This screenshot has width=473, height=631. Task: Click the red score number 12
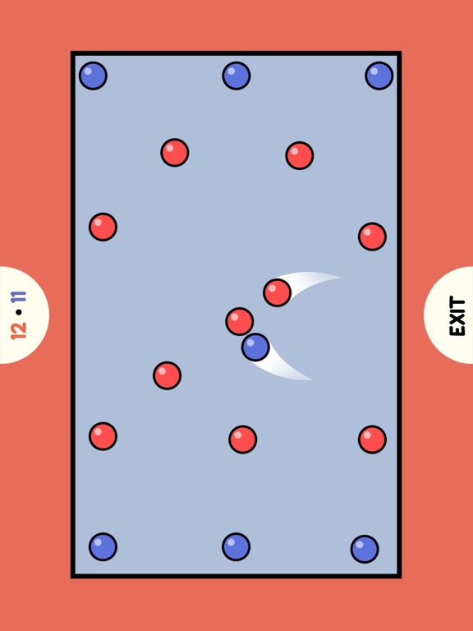[19, 330]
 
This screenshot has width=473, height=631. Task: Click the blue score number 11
[19, 297]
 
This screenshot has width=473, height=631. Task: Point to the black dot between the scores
[19, 313]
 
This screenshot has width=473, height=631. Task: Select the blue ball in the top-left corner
[93, 76]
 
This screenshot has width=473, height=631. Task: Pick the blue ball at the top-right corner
[379, 76]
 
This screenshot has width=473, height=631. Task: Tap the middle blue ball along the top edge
[236, 76]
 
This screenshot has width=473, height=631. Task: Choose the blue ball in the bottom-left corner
[103, 547]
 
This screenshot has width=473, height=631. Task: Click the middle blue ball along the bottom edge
[236, 547]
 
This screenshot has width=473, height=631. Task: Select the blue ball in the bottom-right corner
[365, 550]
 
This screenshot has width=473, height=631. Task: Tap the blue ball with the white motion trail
[255, 347]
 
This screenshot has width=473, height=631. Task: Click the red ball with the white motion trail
[277, 292]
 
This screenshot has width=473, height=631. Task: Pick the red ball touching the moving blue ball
[239, 321]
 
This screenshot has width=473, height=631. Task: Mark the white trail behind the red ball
[310, 282]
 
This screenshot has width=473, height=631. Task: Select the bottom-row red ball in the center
[242, 440]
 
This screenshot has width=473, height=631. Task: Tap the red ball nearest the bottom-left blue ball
[103, 436]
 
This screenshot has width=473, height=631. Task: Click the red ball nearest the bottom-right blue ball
[372, 440]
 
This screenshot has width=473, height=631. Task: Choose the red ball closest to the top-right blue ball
[300, 155]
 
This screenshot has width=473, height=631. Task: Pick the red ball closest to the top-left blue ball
[175, 153]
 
